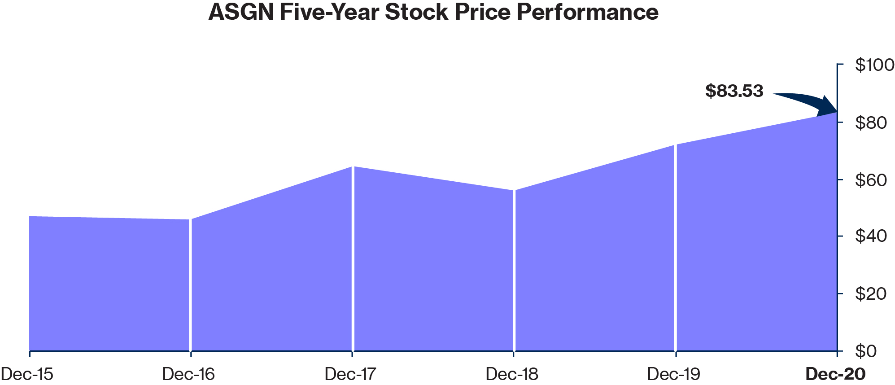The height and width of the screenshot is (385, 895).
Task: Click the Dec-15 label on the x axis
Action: pyautogui.click(x=27, y=374)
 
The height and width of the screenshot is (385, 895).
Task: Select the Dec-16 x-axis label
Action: pyautogui.click(x=188, y=374)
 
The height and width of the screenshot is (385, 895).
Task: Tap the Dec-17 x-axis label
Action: pyautogui.click(x=350, y=374)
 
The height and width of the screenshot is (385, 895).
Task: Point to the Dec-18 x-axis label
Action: pyautogui.click(x=512, y=374)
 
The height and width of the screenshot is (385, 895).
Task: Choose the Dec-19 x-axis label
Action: pyautogui.click(x=673, y=374)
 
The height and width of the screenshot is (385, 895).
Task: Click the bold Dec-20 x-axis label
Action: pyautogui.click(x=835, y=374)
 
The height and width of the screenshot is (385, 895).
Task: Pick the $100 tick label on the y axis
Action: pyautogui.click(x=874, y=65)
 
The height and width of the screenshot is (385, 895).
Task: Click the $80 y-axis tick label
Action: pyautogui.click(x=871, y=122)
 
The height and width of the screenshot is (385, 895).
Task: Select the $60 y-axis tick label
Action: pyautogui.click(x=871, y=179)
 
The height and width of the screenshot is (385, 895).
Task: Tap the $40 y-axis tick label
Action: pyautogui.click(x=871, y=236)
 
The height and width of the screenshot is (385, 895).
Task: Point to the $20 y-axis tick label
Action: pyautogui.click(x=871, y=293)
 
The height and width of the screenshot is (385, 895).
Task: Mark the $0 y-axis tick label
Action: pyautogui.click(x=866, y=351)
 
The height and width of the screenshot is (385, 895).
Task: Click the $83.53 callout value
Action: pyautogui.click(x=734, y=91)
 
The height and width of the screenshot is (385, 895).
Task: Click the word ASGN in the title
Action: pyautogui.click(x=241, y=12)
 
